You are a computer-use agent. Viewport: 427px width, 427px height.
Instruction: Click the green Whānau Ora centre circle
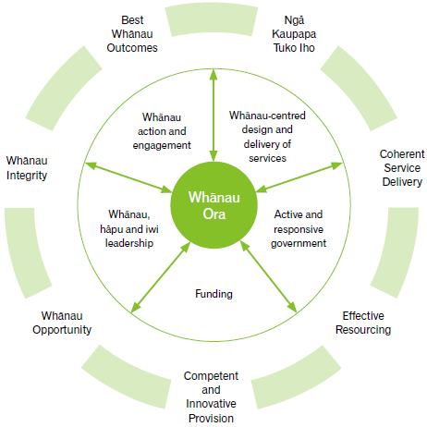coord(213,205)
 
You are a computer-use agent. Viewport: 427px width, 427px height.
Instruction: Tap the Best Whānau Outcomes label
coord(132,34)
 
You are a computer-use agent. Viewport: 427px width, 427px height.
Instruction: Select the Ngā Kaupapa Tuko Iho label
coord(294,34)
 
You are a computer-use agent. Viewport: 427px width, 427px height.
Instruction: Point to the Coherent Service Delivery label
coord(402,168)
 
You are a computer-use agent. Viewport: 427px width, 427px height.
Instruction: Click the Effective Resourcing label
coord(363,323)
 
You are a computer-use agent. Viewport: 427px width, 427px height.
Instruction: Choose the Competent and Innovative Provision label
coord(211,396)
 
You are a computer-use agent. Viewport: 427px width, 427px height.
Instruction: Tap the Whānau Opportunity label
coord(62,323)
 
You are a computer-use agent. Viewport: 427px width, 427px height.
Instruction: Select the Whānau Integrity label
coord(27,168)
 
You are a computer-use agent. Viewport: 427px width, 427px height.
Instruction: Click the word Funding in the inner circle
coord(213,294)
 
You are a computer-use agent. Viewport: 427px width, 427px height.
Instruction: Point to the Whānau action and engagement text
coord(162,131)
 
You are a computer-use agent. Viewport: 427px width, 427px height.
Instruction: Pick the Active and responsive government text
coord(299,229)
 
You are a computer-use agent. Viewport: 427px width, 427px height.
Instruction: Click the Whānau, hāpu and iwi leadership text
coord(129,229)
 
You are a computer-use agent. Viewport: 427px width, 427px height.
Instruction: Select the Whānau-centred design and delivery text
coord(267,137)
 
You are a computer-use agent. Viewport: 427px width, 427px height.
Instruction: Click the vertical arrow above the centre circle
coord(213,116)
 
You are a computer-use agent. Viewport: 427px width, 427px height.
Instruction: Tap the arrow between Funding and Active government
coord(268,276)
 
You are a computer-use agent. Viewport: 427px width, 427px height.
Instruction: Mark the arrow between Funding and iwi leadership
coord(161,277)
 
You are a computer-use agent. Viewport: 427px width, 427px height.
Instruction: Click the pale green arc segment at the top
coord(212,19)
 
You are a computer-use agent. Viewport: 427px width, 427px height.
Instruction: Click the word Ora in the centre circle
coord(214,214)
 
